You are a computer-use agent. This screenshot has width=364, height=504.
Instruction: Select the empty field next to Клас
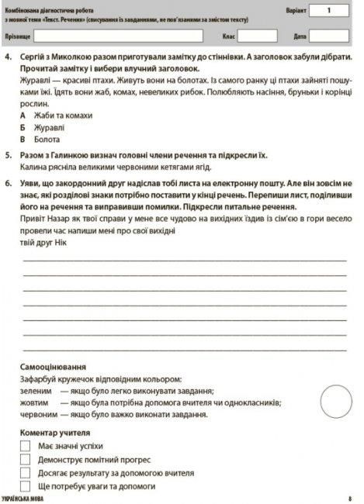pyautogui.click(x=257, y=36)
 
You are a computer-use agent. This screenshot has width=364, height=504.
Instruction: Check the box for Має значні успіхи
pyautogui.click(x=26, y=447)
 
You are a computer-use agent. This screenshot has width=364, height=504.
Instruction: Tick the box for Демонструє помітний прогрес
pyautogui.click(x=26, y=460)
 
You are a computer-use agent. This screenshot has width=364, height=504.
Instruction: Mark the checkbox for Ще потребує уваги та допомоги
pyautogui.click(x=26, y=485)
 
